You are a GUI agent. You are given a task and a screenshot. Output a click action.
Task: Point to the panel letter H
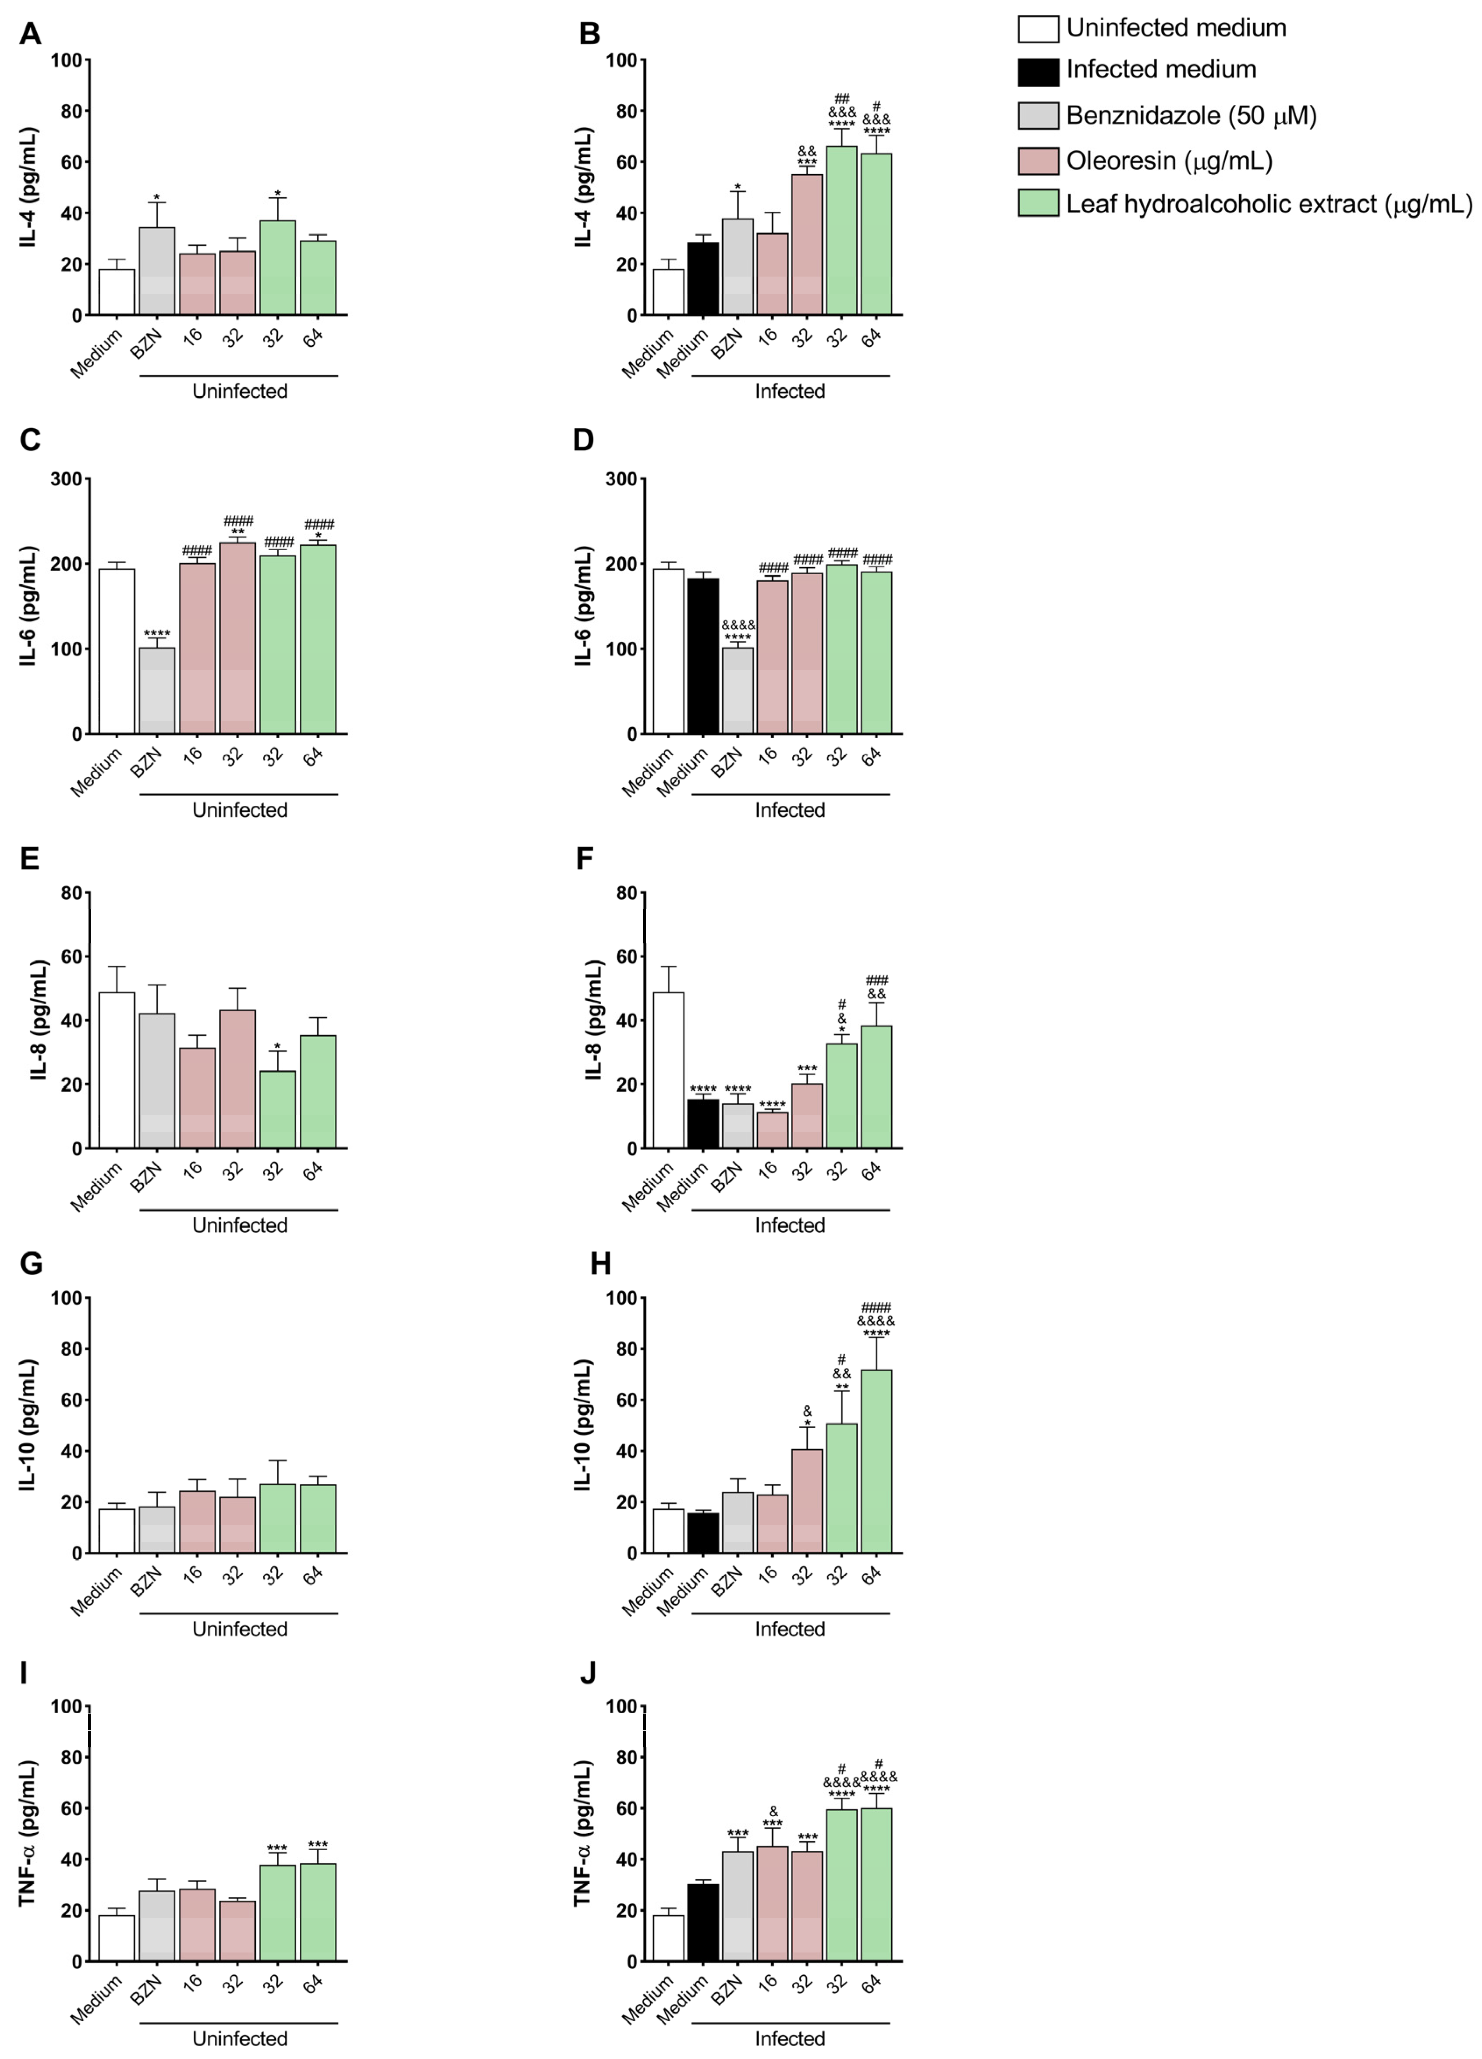coord(600,1264)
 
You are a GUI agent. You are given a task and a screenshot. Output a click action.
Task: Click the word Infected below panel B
coord(790,391)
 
